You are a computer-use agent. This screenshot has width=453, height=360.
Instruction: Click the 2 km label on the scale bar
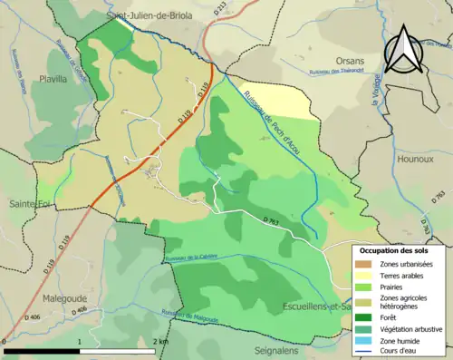coord(162,341)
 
